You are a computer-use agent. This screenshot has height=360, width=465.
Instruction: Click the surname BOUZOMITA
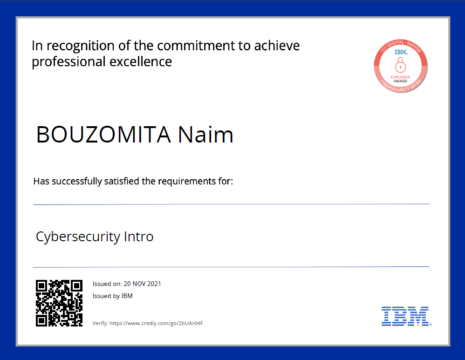coord(103,135)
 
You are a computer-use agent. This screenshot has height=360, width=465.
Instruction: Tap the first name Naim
coord(205,135)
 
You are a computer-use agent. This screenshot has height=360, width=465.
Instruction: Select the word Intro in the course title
coord(138,237)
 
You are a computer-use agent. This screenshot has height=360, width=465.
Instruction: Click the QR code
coord(59,303)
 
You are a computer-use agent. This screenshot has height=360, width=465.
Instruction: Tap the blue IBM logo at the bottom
coord(406,316)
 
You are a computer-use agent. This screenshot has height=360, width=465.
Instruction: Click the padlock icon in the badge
coord(400,65)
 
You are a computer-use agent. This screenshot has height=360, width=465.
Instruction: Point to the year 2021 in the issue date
coord(154,284)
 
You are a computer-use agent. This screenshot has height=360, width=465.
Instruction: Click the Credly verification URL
coord(156,323)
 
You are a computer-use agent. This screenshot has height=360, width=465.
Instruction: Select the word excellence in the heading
coord(141,61)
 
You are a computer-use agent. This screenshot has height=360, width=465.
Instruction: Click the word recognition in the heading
coord(80,46)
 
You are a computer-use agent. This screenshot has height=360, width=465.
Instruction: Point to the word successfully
coord(77,181)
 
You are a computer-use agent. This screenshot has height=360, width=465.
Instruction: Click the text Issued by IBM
coord(112,296)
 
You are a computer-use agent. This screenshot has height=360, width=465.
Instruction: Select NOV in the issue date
coord(139,284)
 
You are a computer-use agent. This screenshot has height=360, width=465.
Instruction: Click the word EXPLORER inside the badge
coord(400,77)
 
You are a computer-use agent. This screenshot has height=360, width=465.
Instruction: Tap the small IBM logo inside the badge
coord(401,52)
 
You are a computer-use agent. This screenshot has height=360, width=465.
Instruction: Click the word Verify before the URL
coord(100,323)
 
